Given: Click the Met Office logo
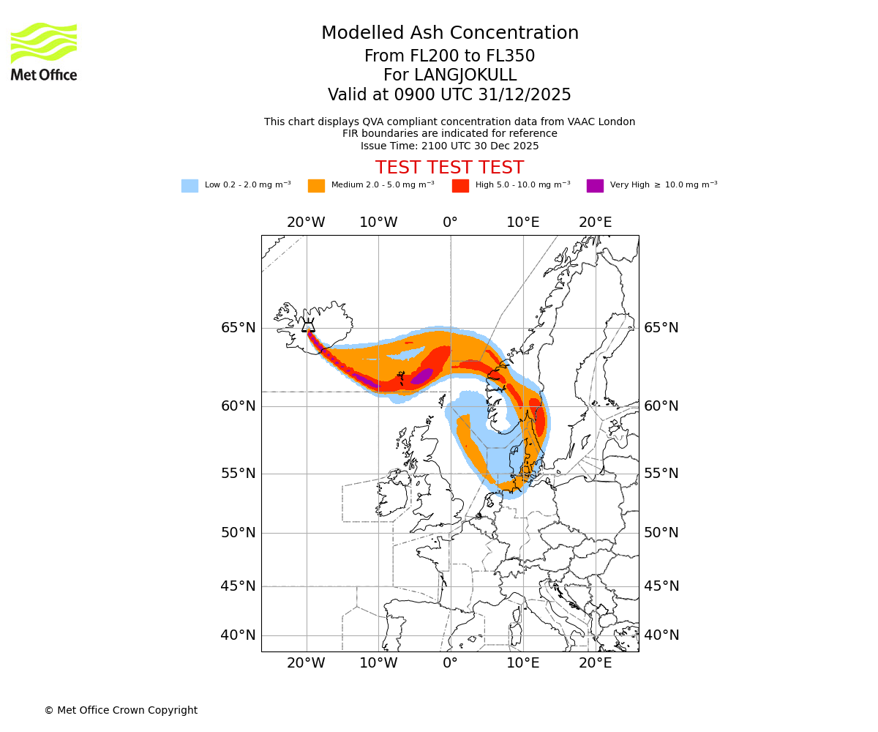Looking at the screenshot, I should (44, 51).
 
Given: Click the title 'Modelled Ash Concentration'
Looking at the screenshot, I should (450, 34).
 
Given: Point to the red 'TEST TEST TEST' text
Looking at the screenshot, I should (449, 168).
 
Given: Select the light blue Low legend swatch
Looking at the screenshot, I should (190, 186).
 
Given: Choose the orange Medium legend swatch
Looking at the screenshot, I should (316, 186).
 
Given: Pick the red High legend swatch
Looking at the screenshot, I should (460, 186).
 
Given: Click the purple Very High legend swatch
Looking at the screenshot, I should (595, 186).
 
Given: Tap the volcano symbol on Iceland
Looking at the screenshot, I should (308, 326).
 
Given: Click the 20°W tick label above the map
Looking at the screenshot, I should (306, 223).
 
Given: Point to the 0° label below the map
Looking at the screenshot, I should (450, 663).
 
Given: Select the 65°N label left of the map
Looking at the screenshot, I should (239, 328).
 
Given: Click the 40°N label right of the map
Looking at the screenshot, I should (661, 635).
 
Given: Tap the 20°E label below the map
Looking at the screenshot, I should (596, 663).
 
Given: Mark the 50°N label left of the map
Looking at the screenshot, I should (239, 533).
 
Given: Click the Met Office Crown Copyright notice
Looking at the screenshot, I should (121, 710).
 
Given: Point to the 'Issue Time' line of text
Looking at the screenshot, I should (449, 146).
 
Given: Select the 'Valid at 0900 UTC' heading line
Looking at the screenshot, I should (449, 95).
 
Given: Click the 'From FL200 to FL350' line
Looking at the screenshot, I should (449, 56).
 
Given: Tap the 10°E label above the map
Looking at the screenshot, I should (523, 223).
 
